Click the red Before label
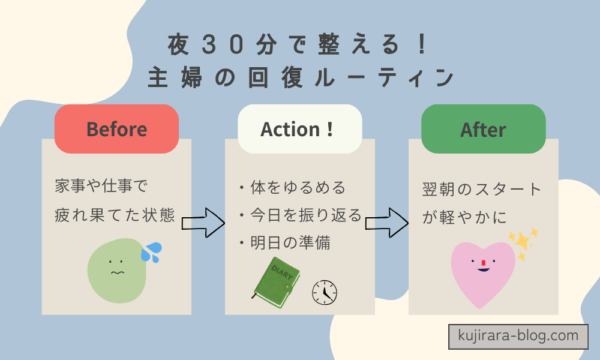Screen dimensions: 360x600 click(x=117, y=130)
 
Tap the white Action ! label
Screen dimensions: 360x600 click(x=300, y=130)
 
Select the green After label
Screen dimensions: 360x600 click(x=483, y=130)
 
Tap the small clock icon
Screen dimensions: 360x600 click(x=324, y=292)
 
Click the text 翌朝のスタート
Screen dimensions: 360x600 click(x=482, y=188)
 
